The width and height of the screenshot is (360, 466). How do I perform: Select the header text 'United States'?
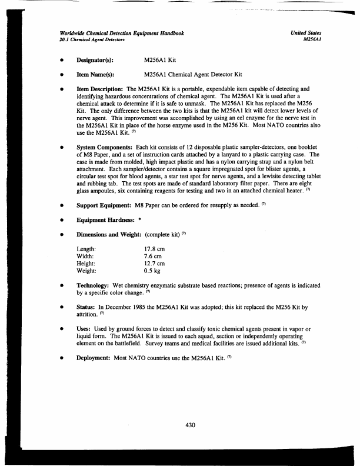click(x=306, y=34)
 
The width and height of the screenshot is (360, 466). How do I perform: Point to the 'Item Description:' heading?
click(x=101, y=89)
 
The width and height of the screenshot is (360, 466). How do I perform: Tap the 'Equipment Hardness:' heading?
click(x=106, y=222)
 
